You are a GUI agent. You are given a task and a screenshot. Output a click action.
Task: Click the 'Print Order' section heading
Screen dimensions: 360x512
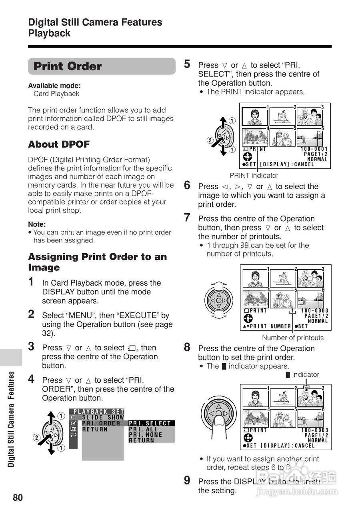pos(68,66)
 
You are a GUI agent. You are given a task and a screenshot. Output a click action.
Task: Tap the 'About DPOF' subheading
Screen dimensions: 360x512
pos(59,144)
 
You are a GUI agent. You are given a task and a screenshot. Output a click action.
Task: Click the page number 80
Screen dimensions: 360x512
pos(18,498)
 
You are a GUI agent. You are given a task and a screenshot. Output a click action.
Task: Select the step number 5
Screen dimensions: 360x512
pos(187,64)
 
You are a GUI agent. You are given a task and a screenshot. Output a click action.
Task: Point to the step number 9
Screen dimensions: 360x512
pos(187,481)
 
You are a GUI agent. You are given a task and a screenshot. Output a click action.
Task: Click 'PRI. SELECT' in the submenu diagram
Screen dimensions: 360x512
pos(150,423)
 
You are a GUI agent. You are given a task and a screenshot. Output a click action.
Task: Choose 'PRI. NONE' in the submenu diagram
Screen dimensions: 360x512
pos(145,435)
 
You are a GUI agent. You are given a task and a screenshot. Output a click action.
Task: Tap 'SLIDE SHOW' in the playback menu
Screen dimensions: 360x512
pos(103,417)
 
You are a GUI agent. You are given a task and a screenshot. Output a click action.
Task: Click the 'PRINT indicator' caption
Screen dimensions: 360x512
pos(254,175)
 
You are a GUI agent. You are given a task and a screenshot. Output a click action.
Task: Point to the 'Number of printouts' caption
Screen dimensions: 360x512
pos(293,338)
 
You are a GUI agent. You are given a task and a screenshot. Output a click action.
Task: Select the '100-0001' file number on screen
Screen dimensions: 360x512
pos(314,149)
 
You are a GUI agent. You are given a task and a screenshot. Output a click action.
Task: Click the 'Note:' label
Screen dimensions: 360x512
pos(37,224)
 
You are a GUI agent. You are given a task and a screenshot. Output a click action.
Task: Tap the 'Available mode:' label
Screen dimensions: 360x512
pos(54,86)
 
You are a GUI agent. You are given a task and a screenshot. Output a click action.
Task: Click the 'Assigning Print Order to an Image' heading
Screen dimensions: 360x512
pos(98,262)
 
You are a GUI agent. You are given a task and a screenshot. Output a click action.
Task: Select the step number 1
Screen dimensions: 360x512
pos(31,282)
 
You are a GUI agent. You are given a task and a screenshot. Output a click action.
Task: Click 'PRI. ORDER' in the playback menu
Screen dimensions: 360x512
pos(101,423)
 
